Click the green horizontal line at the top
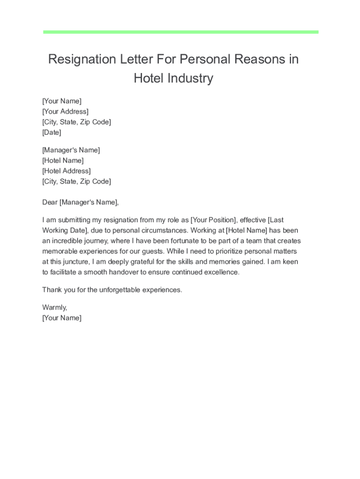pyautogui.click(x=180, y=32)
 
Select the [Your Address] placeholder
pyautogui.click(x=65, y=111)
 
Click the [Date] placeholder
pyautogui.click(x=51, y=132)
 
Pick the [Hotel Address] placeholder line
pyautogui.click(x=66, y=171)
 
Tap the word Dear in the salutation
pyautogui.click(x=50, y=202)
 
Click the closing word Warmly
pyautogui.click(x=54, y=307)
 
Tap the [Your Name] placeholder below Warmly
pyautogui.click(x=62, y=318)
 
